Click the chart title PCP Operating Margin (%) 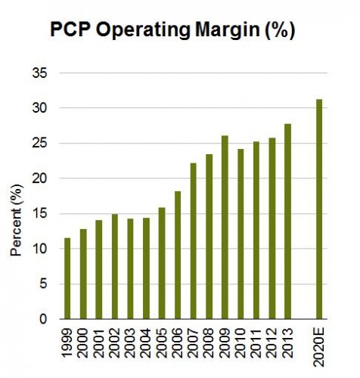pos(172,31)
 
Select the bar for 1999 pos(68,278)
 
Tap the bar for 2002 pos(115,266)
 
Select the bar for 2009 pos(225,227)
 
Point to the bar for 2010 pos(241,234)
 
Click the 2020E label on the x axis pos(319,347)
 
